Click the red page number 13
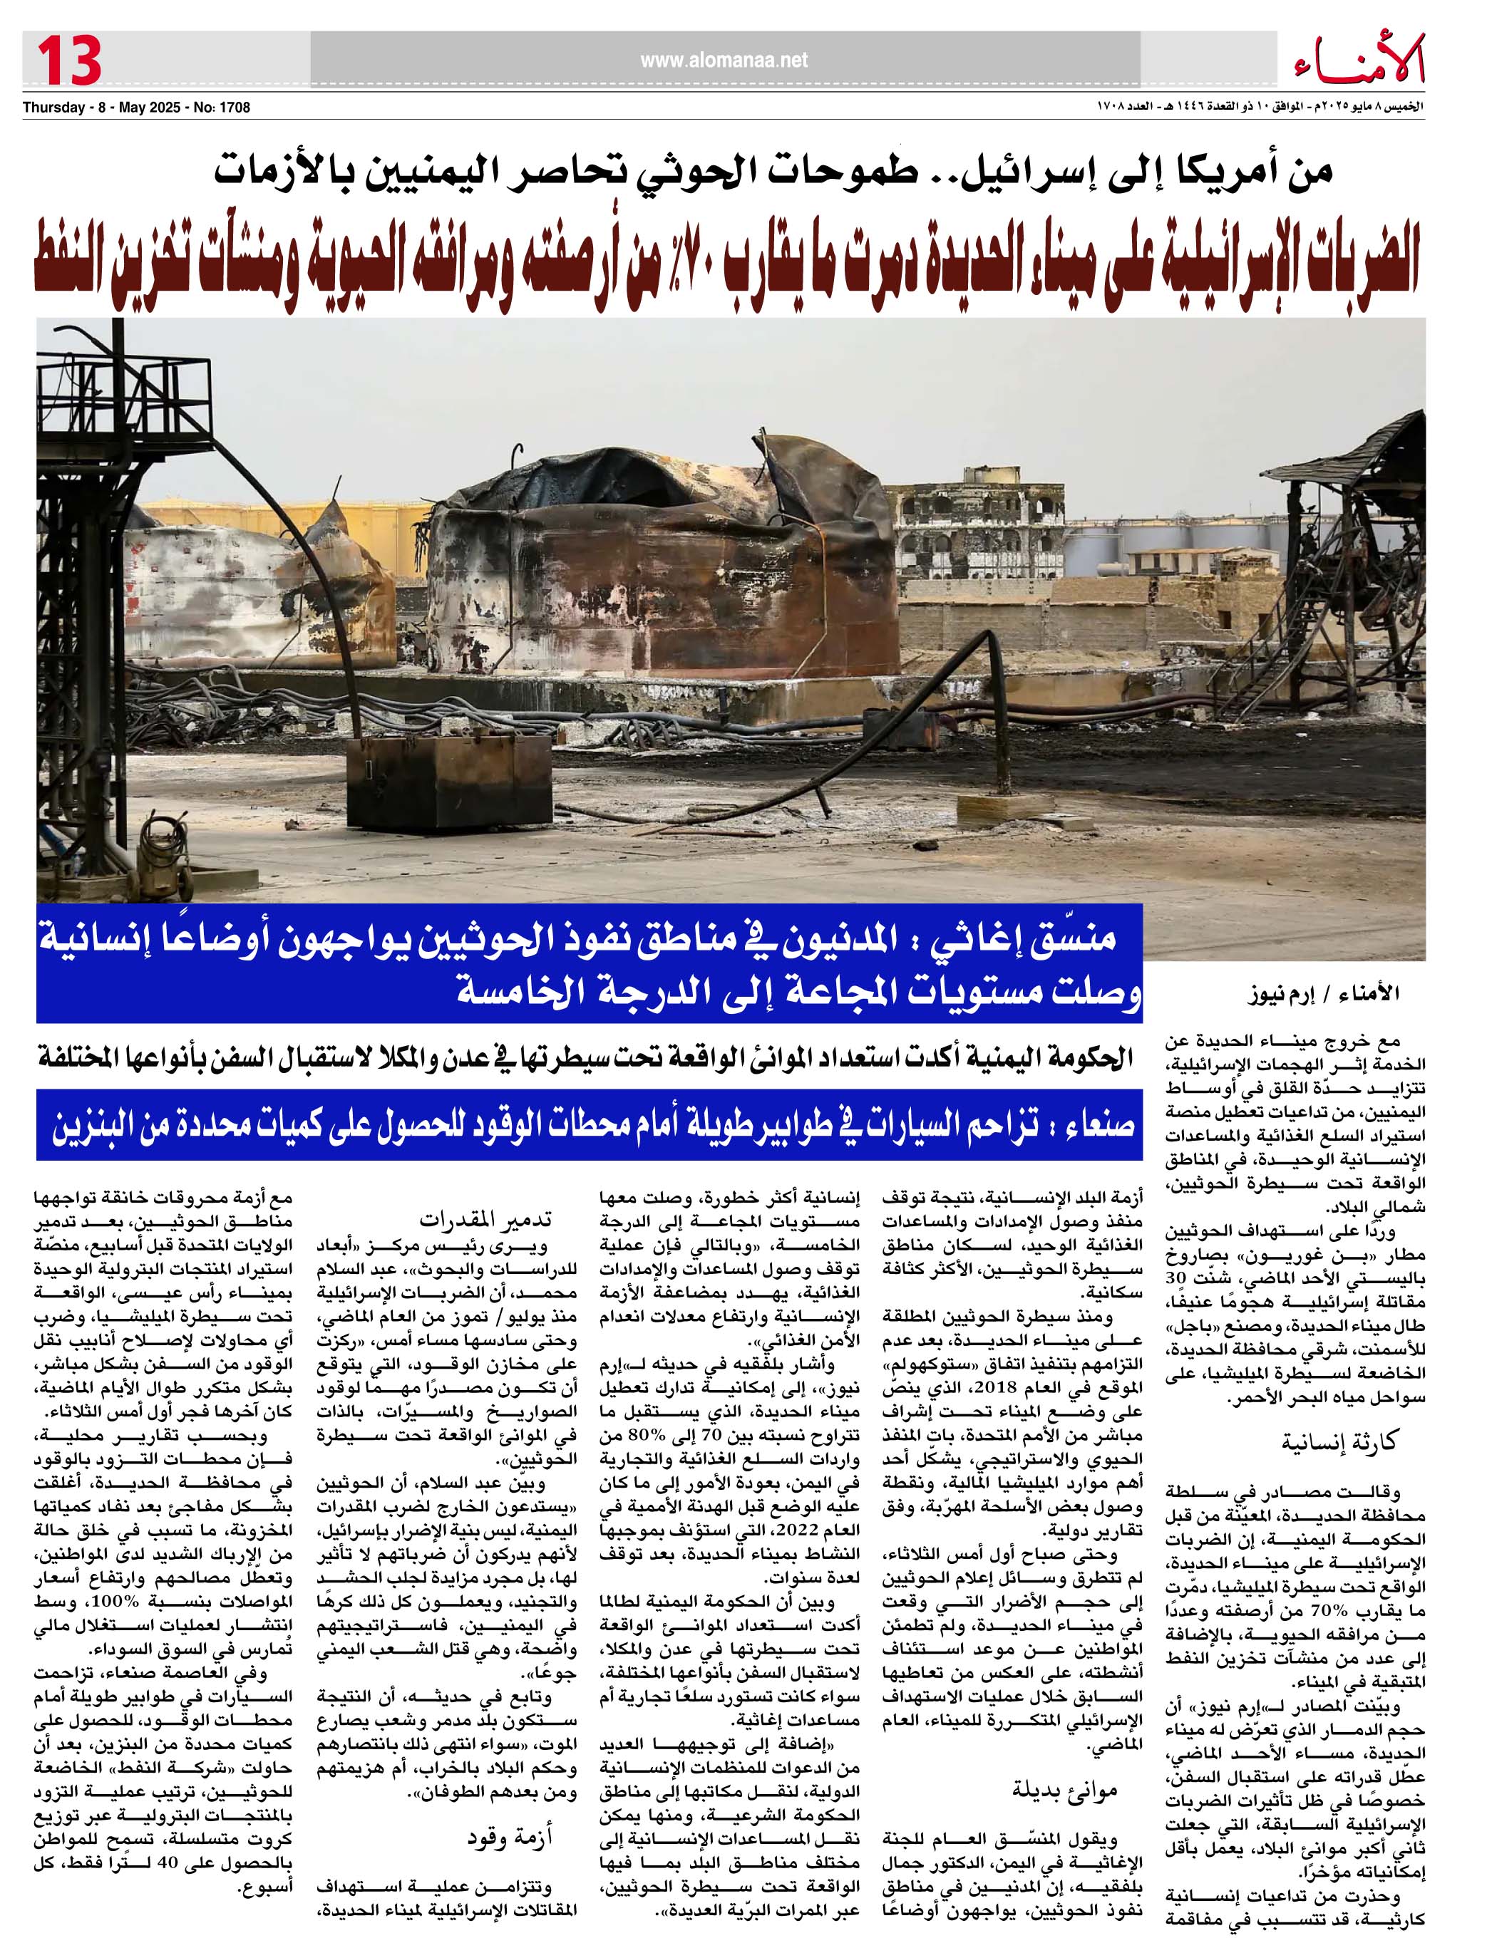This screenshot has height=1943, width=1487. pos(69,60)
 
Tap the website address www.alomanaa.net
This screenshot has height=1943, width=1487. pos(724,60)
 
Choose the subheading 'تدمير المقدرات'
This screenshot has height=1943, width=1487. pos(484,1219)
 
